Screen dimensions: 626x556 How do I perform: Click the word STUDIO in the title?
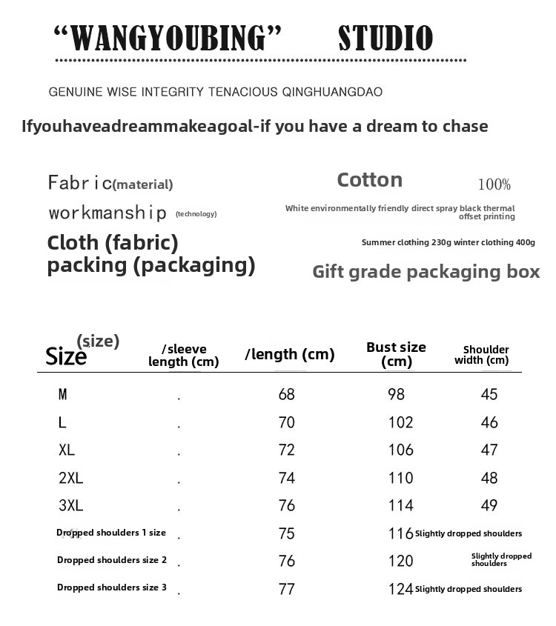(385, 39)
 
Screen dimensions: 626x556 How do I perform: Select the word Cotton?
(369, 180)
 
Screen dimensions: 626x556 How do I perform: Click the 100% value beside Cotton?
(494, 184)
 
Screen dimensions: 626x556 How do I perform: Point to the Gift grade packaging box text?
(426, 272)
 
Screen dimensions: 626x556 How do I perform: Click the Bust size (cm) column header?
(396, 354)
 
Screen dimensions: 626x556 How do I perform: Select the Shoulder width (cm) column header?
(486, 355)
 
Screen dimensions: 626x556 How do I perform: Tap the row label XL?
(67, 450)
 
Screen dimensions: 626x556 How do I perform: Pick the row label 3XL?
(70, 506)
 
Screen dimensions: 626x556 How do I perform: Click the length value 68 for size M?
(286, 394)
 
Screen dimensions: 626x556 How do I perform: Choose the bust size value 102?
(400, 422)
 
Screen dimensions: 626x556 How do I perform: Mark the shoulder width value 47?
(489, 450)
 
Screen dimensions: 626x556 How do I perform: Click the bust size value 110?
(400, 478)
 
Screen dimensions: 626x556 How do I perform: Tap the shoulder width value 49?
(489, 506)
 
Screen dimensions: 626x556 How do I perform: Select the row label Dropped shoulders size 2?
(112, 560)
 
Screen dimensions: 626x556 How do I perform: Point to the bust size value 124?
(400, 589)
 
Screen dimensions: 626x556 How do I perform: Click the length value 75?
(286, 533)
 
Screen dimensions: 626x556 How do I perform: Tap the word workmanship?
(107, 213)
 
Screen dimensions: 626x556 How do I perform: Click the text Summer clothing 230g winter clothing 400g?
(448, 243)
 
